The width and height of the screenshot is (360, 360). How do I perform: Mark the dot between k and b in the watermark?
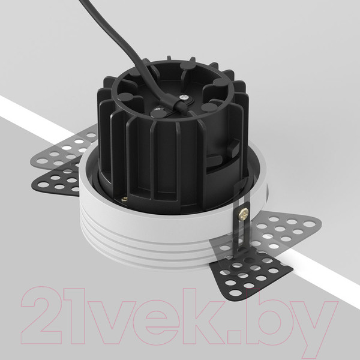point(242,337)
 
